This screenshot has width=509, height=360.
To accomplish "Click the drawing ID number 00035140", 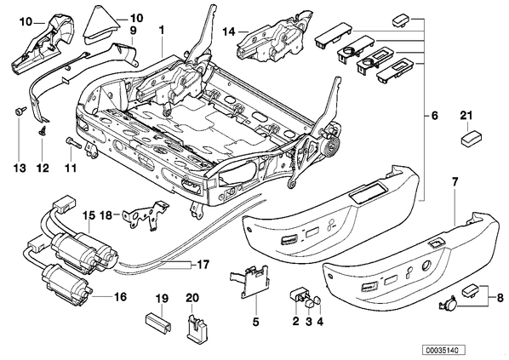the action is (443, 350).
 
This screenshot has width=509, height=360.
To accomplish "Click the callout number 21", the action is (466, 115).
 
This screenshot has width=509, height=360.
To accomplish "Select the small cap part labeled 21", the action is (472, 138).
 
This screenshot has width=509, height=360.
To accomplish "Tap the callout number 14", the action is (229, 31).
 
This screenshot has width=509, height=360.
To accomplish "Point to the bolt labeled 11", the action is (73, 142).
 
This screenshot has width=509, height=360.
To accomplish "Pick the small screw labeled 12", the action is (42, 130).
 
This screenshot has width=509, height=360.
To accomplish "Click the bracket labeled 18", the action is (145, 215).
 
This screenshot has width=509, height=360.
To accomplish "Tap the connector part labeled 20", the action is (197, 329).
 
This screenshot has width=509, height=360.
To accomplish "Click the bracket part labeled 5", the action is (252, 280).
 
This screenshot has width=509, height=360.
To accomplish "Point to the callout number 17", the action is (203, 265).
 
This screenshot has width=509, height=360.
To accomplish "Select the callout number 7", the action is (455, 182).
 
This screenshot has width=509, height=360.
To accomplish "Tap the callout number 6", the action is (435, 116).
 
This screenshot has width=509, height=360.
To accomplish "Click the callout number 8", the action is (500, 297).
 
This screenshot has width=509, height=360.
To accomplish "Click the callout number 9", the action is (134, 30).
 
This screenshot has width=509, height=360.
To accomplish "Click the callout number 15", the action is (89, 215).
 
